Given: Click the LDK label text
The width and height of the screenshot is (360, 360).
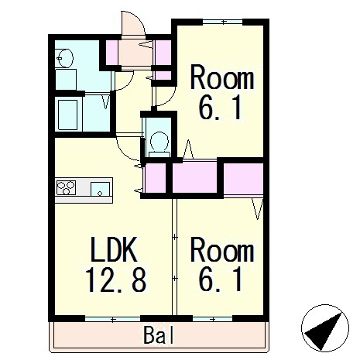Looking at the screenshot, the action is [114, 250].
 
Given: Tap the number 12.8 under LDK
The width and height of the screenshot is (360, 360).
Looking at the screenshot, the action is [116, 279].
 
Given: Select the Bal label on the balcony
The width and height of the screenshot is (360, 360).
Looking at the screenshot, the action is [159, 335].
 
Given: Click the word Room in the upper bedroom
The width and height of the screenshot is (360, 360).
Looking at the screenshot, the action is [222, 77].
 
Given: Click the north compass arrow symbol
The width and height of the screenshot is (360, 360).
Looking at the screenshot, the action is [325, 328].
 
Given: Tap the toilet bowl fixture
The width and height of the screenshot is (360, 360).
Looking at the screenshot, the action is [159, 144].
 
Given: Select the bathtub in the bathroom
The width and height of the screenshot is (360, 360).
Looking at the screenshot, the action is [67, 115].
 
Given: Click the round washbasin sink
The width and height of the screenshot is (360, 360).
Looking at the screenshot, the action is [65, 58].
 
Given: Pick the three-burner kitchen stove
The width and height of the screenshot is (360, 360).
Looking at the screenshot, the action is [66, 187].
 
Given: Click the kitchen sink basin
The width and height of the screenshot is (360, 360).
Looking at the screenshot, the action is [100, 189].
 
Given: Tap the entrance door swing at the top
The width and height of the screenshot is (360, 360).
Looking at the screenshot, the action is [133, 23].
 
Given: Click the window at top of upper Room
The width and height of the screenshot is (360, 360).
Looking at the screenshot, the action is [223, 22].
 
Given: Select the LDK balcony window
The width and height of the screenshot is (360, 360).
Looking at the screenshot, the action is [113, 319].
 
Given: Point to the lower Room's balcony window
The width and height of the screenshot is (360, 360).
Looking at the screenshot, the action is [212, 319].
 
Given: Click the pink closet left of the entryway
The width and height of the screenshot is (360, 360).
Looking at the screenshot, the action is [114, 53].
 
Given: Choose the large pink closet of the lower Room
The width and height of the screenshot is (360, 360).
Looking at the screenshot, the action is [243, 178].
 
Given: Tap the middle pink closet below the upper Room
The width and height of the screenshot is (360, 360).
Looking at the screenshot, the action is [194, 177].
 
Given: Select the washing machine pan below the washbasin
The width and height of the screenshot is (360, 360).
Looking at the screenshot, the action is [66, 79].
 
